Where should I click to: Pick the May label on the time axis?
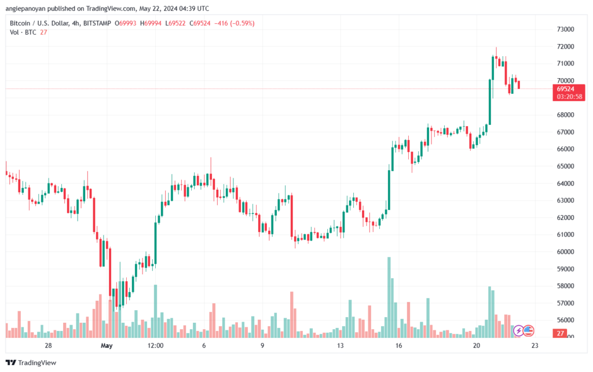[x=106, y=345]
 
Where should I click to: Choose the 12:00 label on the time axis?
[x=156, y=345]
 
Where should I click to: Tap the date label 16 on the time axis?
[x=399, y=345]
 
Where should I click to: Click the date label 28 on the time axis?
[x=48, y=345]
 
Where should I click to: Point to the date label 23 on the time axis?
[x=535, y=345]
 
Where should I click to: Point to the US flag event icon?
[x=529, y=331]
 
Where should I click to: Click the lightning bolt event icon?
[x=519, y=331]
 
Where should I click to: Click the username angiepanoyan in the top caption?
[x=28, y=8]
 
